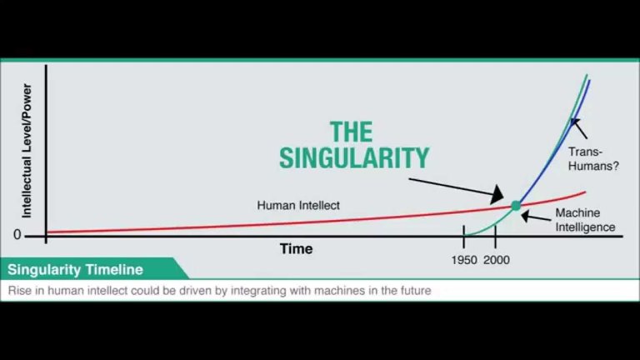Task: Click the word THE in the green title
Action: [x=351, y=132]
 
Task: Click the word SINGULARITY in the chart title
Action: [x=354, y=158]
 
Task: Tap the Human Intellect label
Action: [x=298, y=205]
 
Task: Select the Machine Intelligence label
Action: [x=585, y=220]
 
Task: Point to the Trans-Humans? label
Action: [x=593, y=159]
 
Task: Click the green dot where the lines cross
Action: [x=516, y=206]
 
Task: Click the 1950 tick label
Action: [x=464, y=260]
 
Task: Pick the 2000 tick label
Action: [x=497, y=260]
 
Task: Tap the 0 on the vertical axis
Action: [x=17, y=235]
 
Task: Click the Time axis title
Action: [x=297, y=249]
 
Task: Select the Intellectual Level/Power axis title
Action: [x=27, y=151]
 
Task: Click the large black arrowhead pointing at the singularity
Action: [x=497, y=194]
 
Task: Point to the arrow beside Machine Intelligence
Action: [x=537, y=217]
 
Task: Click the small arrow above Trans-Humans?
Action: [x=579, y=128]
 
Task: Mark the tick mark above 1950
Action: [x=464, y=237]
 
